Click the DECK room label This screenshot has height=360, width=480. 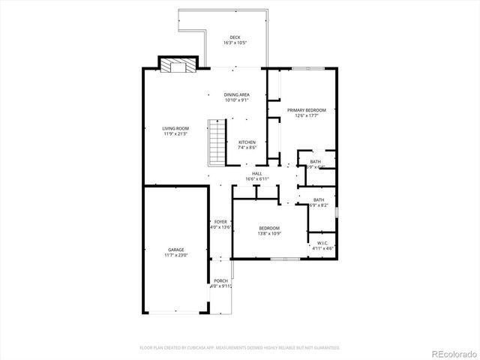click(x=235, y=37)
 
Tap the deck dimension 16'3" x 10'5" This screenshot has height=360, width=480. click(x=235, y=43)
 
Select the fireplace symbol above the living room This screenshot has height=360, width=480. click(x=178, y=66)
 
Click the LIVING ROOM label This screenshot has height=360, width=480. click(x=175, y=128)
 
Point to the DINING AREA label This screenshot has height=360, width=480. click(x=236, y=94)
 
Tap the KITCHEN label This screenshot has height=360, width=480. click(x=247, y=142)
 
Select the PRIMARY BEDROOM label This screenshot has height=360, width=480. click(x=307, y=109)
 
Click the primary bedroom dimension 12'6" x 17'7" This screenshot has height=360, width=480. click(x=307, y=115)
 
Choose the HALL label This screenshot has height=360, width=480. click(x=256, y=174)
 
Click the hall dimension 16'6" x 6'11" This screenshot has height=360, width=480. click(x=256, y=179)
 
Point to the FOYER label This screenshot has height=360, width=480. click(x=220, y=222)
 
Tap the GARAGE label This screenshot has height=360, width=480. click(x=175, y=250)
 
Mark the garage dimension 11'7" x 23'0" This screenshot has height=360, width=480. click(x=175, y=255)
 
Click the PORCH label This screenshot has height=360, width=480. click(x=220, y=280)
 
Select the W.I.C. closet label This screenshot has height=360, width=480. click(x=322, y=242)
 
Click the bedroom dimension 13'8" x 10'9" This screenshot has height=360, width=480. click(x=269, y=233)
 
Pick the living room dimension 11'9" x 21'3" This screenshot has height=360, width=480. click(x=175, y=133)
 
